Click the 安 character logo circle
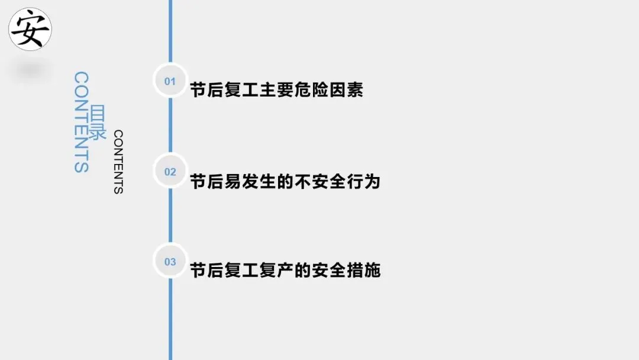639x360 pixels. [x=30, y=29]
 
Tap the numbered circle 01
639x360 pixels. [x=170, y=81]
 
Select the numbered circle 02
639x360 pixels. [x=170, y=172]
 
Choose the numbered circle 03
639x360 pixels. [x=170, y=262]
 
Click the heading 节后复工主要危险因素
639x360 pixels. [x=276, y=91]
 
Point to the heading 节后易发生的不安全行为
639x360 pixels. [x=285, y=181]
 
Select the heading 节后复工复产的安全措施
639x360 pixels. [x=285, y=271]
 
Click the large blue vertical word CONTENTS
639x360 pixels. [x=81, y=122]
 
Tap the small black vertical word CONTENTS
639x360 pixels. [x=118, y=162]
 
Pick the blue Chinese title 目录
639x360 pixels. [x=98, y=123]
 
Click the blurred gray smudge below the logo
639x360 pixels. [x=29, y=70]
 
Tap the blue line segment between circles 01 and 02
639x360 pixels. [x=170, y=126]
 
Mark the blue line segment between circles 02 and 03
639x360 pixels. [x=170, y=217]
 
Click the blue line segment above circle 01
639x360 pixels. [x=170, y=30]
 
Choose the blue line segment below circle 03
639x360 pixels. [x=170, y=320]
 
